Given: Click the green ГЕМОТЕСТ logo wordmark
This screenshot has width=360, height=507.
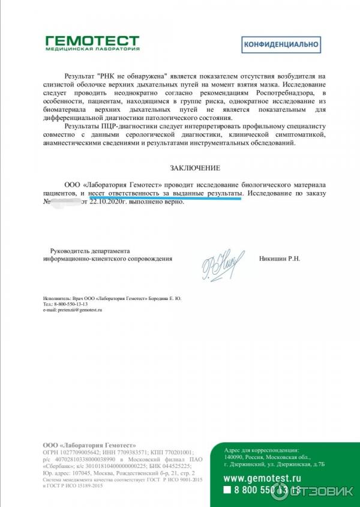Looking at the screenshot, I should coord(92,40).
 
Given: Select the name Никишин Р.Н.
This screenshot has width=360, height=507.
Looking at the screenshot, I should coord(279,259).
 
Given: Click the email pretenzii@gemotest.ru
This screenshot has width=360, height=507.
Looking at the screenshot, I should coord(73,310).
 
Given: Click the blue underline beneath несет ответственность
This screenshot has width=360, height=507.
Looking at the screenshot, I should coord(165,199).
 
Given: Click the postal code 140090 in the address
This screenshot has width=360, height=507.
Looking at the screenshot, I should coord(233,457).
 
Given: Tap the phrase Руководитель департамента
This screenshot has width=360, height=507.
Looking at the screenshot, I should coord(89,250).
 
